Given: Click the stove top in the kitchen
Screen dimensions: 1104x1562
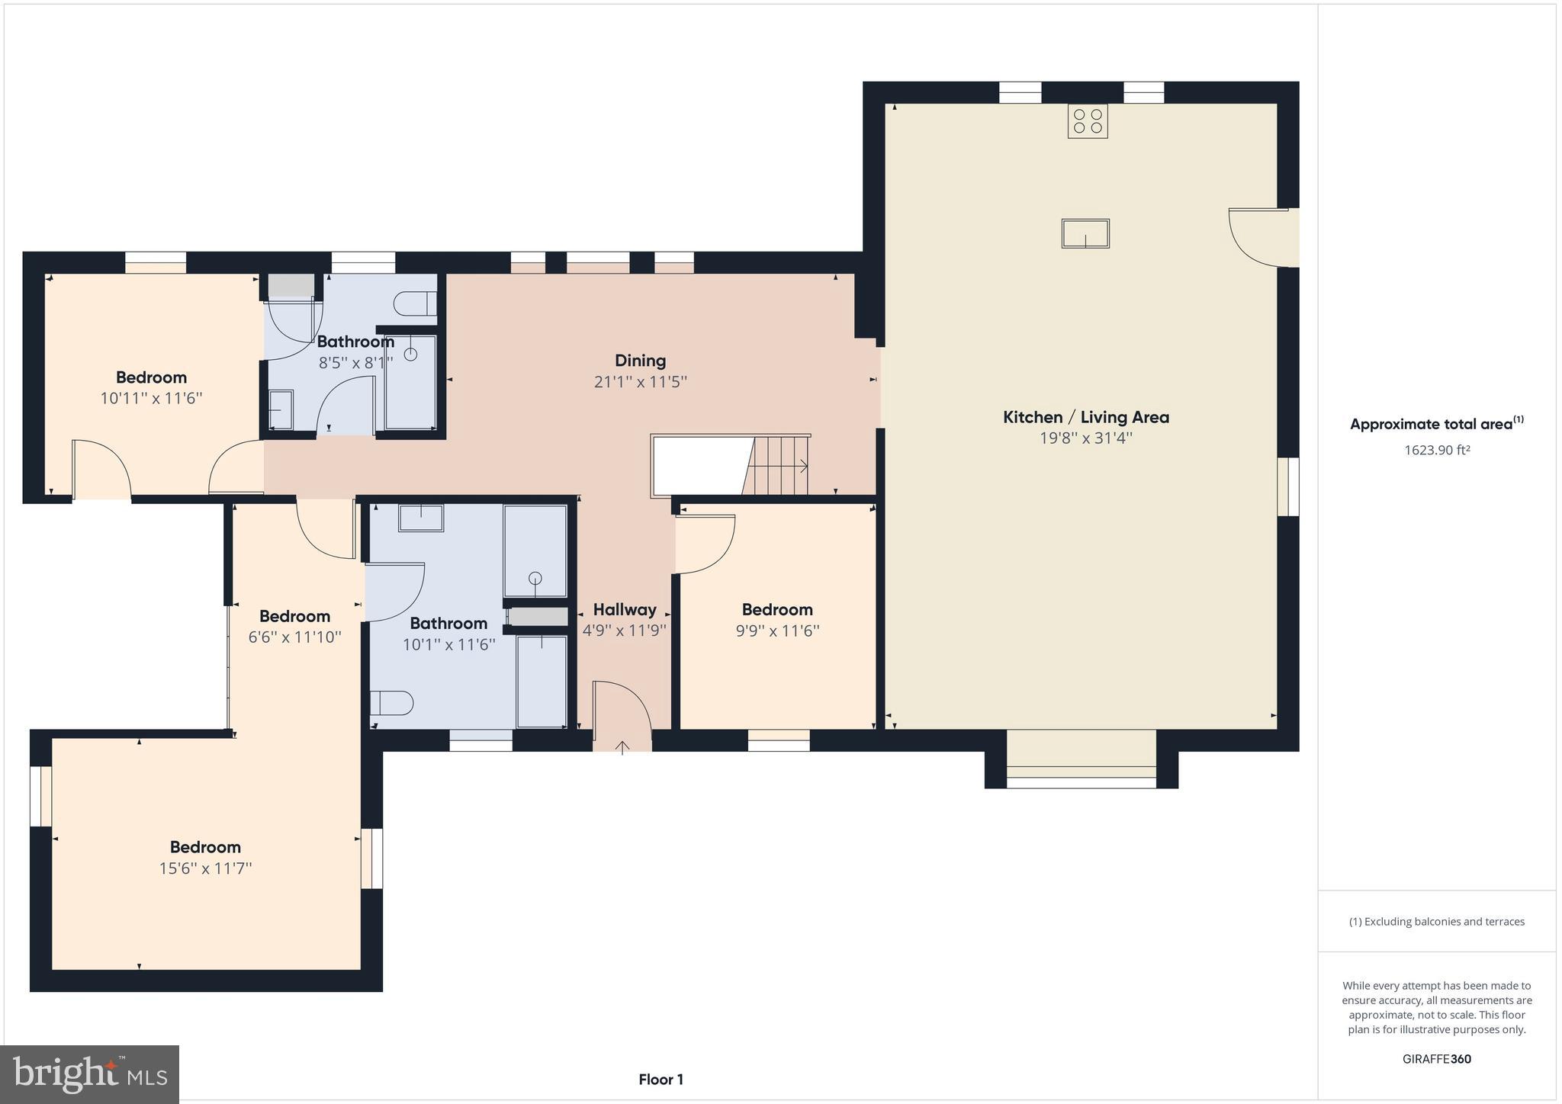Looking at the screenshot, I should coord(1088,121).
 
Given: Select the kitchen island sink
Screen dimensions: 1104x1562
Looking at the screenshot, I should coord(1085,233).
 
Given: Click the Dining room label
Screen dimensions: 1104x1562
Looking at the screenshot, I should coord(640,361).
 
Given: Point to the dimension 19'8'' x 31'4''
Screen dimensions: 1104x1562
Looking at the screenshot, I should coord(1085,438).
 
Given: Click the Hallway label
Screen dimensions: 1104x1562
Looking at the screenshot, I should coord(625,610).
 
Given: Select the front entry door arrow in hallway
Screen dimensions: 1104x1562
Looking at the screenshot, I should coord(622,747).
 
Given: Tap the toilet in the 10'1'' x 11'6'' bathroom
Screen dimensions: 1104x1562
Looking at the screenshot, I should coord(393,702).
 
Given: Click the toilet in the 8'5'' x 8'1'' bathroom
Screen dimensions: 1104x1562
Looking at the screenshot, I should coord(415,303).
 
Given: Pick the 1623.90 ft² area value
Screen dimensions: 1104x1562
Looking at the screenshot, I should coord(1437,450).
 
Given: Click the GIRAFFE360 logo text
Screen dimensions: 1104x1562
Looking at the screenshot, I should coord(1437,1059).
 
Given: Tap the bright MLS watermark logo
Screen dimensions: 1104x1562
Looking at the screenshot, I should coord(90,1074).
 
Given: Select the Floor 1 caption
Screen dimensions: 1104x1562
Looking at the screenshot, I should coord(660,1080).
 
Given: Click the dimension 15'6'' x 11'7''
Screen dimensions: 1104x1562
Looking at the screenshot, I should coord(205,868).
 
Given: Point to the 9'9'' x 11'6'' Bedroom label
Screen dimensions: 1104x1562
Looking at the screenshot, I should coord(777,610).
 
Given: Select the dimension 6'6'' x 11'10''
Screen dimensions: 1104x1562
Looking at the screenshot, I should coord(294,637).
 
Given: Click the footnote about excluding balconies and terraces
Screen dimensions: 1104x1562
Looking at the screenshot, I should coord(1437,922).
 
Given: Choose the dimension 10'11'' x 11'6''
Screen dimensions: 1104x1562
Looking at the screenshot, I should coord(151,398).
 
